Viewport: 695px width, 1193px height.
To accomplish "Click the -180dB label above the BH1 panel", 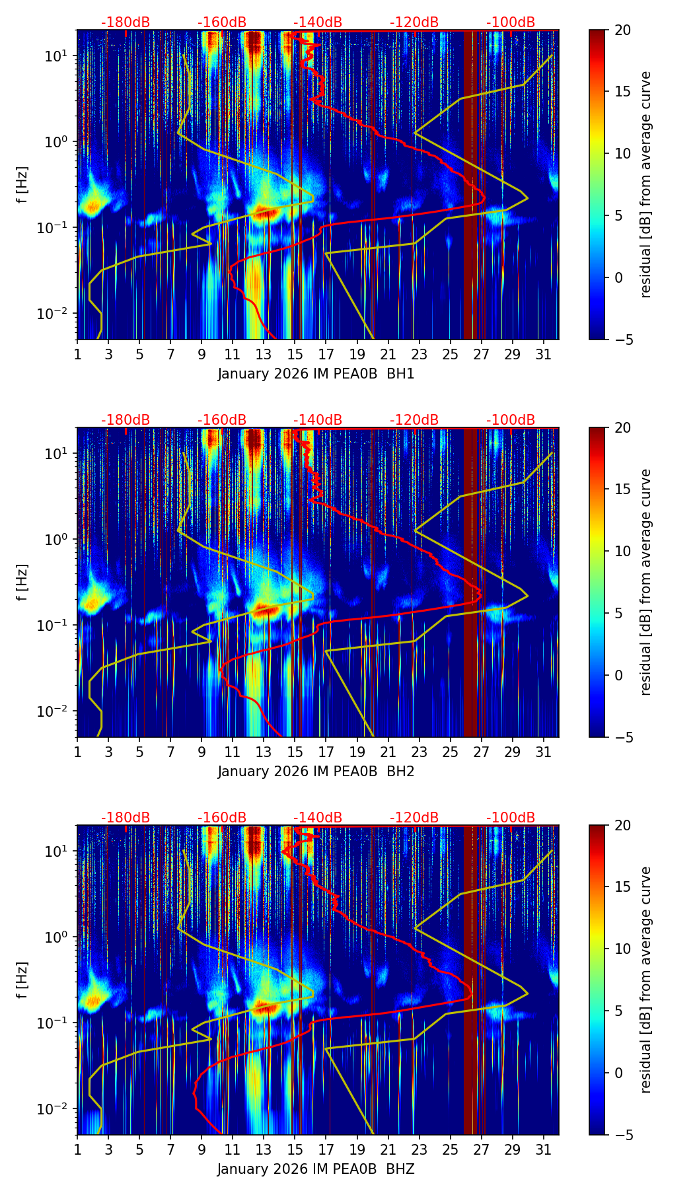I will [x=126, y=22].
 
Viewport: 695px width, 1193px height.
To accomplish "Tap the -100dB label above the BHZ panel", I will [x=511, y=818].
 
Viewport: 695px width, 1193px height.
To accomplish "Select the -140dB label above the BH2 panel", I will [x=318, y=420].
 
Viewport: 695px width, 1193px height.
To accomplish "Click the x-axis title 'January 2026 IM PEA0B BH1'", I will [x=316, y=374].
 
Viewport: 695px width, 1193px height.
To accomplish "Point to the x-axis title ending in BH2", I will [x=316, y=772].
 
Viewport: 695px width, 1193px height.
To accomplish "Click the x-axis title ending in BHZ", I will [x=316, y=1169].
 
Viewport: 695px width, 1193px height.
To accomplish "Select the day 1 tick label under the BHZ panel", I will [x=77, y=1150].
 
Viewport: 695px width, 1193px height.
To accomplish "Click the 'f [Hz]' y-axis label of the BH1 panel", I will [x=22, y=185].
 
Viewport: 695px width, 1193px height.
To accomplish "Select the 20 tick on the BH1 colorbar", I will [x=622, y=30].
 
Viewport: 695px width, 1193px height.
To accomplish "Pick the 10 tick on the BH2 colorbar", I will [x=622, y=551].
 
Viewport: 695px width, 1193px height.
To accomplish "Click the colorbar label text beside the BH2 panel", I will [x=646, y=582].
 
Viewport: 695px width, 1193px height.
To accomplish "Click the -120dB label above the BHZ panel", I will [x=414, y=818].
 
